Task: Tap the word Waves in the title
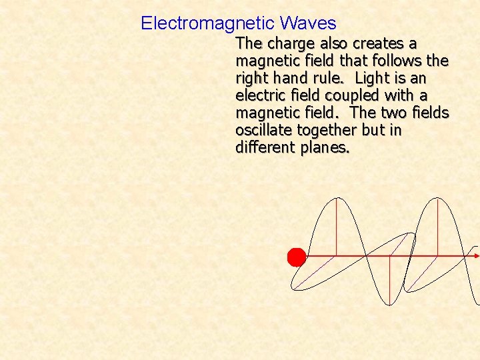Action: [x=308, y=24]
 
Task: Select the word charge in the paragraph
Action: [x=289, y=44]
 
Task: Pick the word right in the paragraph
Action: [x=252, y=79]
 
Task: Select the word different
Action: [x=265, y=148]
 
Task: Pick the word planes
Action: [x=325, y=148]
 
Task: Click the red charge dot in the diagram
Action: [x=296, y=257]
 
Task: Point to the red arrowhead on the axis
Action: [x=476, y=255]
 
